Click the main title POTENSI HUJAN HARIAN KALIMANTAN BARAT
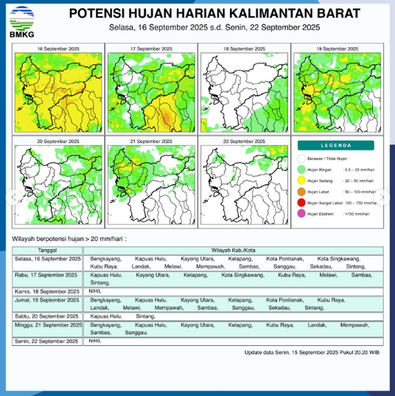point(216,13)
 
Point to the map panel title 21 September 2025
point(151,139)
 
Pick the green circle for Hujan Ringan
point(301,170)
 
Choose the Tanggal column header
point(47,251)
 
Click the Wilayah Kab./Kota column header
point(234,251)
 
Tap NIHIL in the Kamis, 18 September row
point(94,291)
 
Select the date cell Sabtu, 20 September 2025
point(47,316)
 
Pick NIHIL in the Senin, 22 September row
point(94,341)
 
